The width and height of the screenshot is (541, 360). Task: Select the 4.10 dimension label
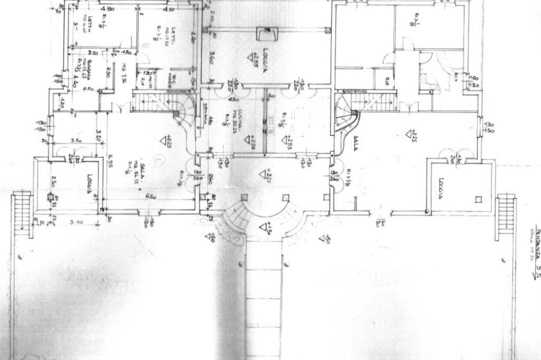click(169, 10)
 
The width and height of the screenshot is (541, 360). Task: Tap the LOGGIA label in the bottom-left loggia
click(90, 184)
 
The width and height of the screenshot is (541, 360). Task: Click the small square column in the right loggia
click(478, 200)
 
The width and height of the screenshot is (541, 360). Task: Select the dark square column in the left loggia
click(50, 197)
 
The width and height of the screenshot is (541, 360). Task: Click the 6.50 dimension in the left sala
click(152, 196)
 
